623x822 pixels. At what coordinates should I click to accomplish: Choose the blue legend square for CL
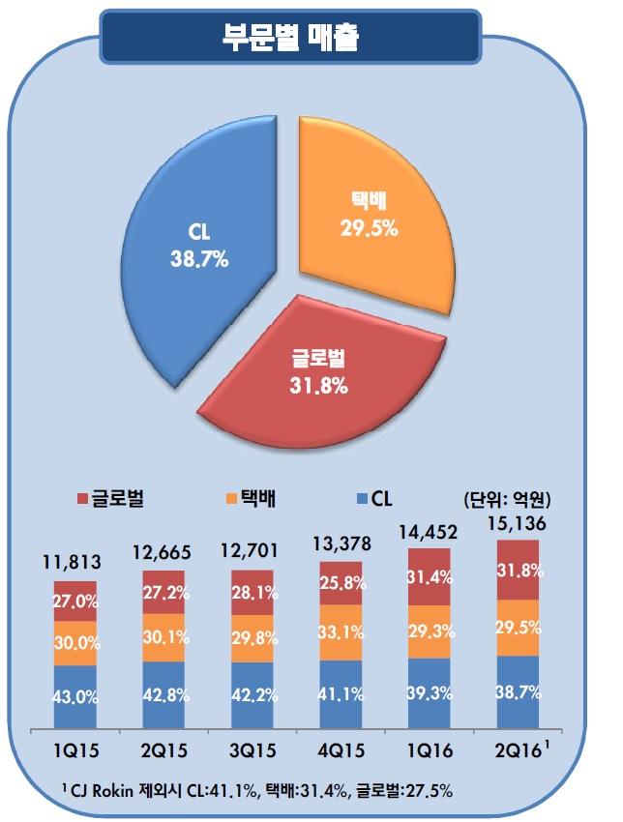pyautogui.click(x=360, y=499)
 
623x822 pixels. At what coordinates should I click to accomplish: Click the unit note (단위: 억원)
pyautogui.click(x=502, y=500)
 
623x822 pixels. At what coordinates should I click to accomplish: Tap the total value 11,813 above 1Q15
pyautogui.click(x=74, y=563)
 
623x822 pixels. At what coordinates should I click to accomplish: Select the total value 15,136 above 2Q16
pyautogui.click(x=518, y=523)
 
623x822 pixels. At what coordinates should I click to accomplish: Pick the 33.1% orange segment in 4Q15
pyautogui.click(x=341, y=633)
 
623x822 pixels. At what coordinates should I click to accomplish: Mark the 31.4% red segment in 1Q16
pyautogui.click(x=430, y=578)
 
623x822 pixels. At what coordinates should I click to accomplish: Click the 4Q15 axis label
pyautogui.click(x=341, y=751)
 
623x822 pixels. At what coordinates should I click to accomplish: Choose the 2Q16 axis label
pyautogui.click(x=517, y=751)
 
